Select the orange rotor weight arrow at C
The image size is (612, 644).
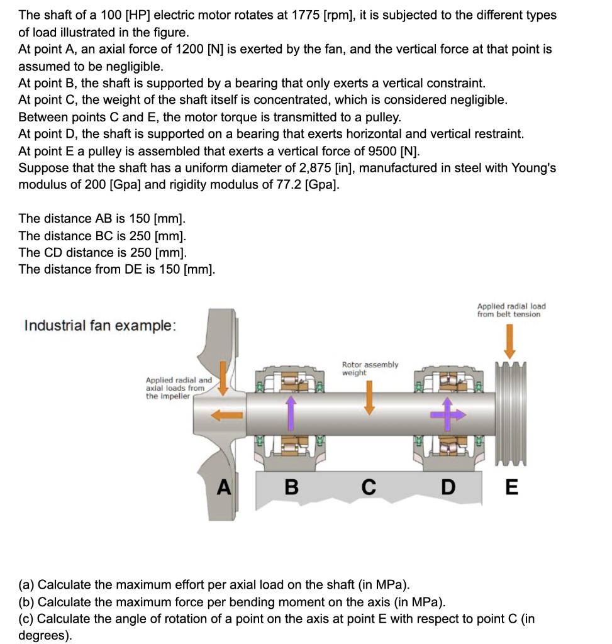tap(370, 397)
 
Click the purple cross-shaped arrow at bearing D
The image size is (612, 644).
tap(448, 413)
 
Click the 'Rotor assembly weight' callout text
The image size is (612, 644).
tap(370, 369)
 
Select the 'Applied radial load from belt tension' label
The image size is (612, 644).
tap(511, 310)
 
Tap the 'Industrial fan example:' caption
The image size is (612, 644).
tap(100, 326)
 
